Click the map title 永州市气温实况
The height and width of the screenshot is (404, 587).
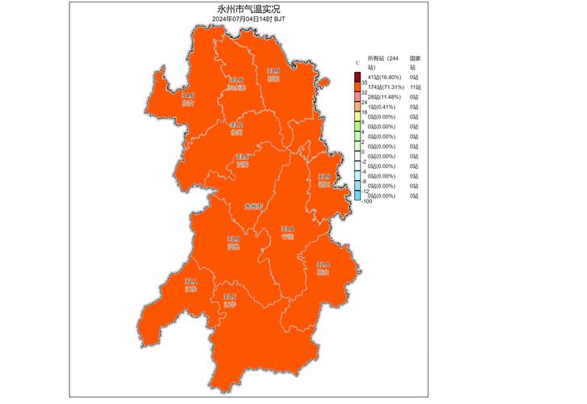coord(247,7)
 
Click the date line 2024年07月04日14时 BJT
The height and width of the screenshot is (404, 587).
coord(247,17)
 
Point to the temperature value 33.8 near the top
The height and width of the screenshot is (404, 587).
coord(236,80)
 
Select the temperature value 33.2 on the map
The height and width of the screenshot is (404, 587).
coord(236,124)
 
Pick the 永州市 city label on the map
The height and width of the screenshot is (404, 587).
coord(254,206)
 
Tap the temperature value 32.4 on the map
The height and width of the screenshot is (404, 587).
coord(323,265)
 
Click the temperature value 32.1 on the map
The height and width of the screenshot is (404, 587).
coord(191,281)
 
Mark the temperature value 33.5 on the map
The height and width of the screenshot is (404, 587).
coord(230,297)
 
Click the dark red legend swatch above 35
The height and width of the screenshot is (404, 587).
coord(357,78)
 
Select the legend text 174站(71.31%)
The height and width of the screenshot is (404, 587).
coord(384,87)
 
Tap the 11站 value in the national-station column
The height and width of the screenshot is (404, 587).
coord(415,87)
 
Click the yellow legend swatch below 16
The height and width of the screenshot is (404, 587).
coord(357,117)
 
